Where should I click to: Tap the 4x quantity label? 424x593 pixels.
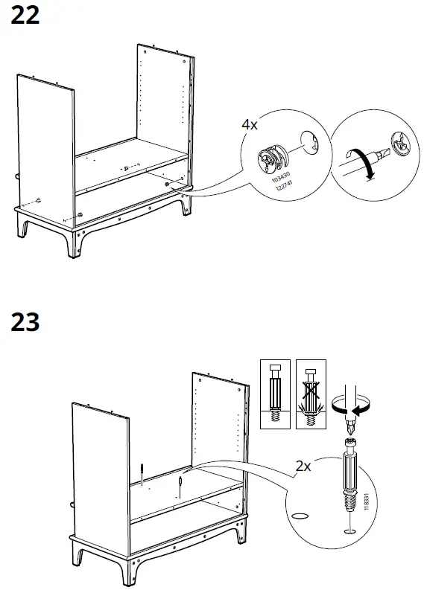pos(250,125)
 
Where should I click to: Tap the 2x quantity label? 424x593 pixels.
pos(303,467)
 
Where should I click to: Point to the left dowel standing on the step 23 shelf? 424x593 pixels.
pos(142,474)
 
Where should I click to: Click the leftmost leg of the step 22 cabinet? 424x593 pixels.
pos(24,227)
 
